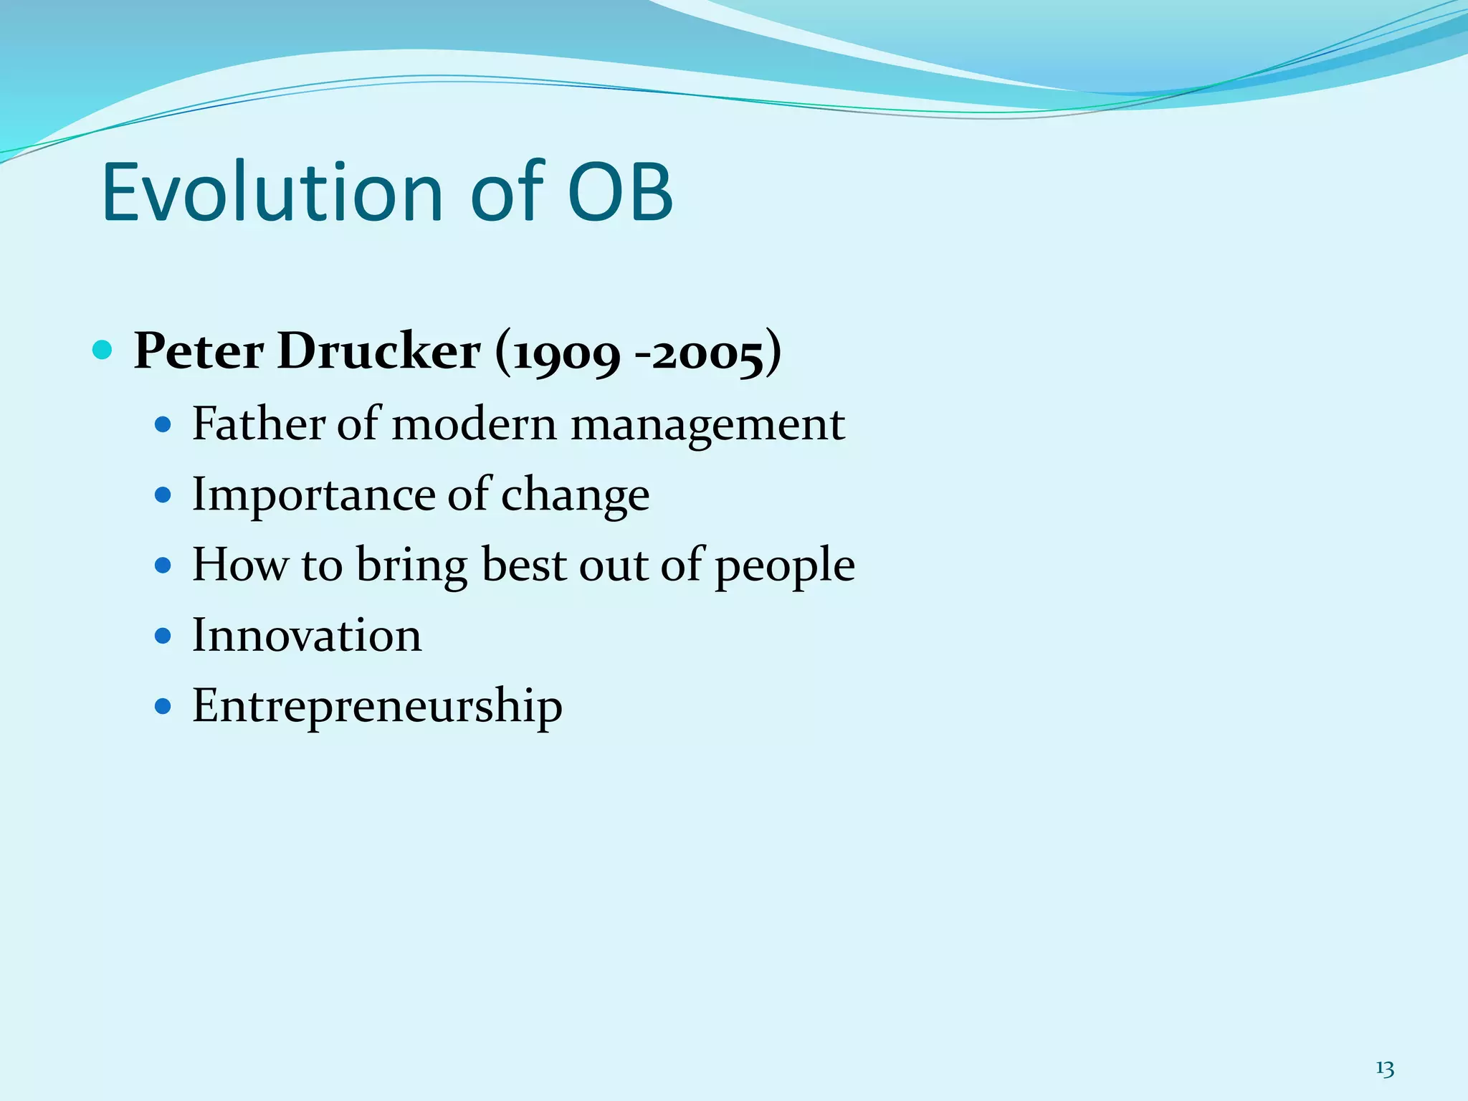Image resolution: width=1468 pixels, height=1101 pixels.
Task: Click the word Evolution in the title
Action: tap(272, 192)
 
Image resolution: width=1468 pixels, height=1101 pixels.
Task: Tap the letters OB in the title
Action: tap(620, 192)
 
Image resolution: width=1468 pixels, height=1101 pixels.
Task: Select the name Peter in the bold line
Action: tap(199, 352)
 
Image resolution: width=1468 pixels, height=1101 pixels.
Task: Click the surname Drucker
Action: tap(378, 352)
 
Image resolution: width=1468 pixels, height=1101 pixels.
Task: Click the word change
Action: tap(575, 495)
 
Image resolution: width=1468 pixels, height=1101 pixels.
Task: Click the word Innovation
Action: tap(307, 635)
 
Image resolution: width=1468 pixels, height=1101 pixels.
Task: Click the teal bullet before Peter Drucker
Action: tap(103, 351)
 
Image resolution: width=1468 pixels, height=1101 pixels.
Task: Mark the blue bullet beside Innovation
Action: tap(163, 636)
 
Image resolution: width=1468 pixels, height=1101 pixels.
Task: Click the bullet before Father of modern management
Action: tap(163, 424)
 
